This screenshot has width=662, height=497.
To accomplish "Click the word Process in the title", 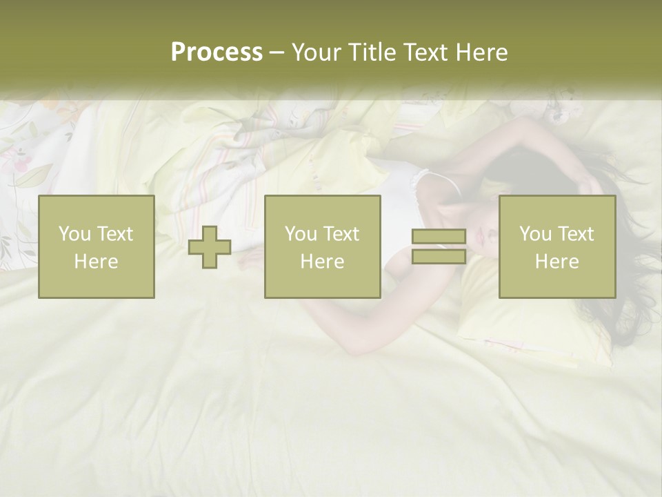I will pyautogui.click(x=217, y=52).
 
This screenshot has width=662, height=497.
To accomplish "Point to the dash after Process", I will pyautogui.click(x=277, y=53).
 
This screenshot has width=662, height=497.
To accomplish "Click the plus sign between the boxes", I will pyautogui.click(x=210, y=247).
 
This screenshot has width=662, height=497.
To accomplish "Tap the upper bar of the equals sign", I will pyautogui.click(x=439, y=237).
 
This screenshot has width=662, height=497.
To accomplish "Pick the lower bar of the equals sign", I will pyautogui.click(x=439, y=256).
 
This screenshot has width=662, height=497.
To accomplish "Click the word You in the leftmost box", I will pyautogui.click(x=72, y=234).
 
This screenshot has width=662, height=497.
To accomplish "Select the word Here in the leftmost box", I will pyautogui.click(x=96, y=261).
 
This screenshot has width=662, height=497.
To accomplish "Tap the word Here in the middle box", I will pyautogui.click(x=322, y=261).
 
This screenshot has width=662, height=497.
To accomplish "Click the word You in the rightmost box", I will pyautogui.click(x=534, y=234).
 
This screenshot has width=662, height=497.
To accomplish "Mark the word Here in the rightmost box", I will pyautogui.click(x=556, y=261).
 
